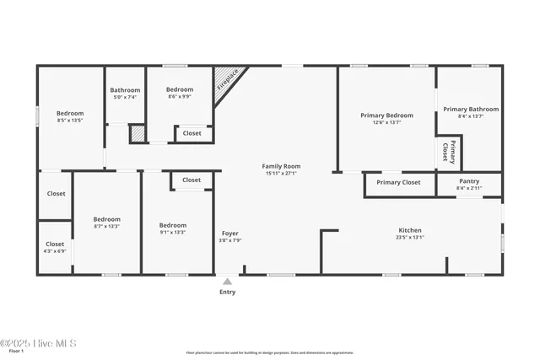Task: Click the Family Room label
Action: [x=281, y=166]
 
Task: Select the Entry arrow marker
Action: [x=227, y=282]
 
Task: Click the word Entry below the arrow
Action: [x=227, y=293]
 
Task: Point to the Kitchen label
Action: [x=410, y=230]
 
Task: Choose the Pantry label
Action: [x=469, y=181]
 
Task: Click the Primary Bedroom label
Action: [x=386, y=116]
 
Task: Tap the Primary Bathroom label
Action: [x=471, y=109]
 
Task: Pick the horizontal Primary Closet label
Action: [x=398, y=182]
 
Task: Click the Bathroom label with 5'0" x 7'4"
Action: [x=125, y=90]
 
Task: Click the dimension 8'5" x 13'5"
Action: [x=70, y=121]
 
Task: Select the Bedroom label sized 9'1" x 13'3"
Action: [x=173, y=225]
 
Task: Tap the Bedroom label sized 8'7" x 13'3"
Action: [x=106, y=219]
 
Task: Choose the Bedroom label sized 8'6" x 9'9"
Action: [x=179, y=89]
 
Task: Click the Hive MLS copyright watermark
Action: [x=39, y=343]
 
